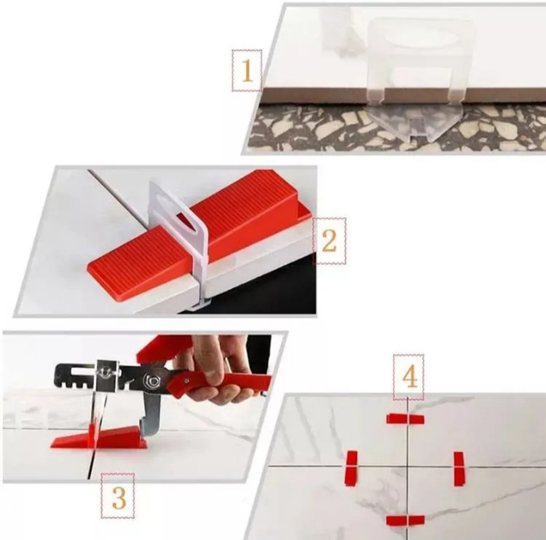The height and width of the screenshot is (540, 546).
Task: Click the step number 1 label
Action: pos(247,71)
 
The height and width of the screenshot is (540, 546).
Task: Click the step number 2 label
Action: pos(329,240)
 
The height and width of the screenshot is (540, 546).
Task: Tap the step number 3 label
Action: pos(119,496)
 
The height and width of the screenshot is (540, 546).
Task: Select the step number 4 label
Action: pos(409,377)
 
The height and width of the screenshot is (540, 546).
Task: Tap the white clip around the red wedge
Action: pos(178,240)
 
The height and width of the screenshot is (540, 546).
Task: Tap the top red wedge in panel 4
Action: pos(405,418)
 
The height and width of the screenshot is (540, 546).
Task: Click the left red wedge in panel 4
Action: pos(352,468)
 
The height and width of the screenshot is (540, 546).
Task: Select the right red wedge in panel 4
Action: pos(459,469)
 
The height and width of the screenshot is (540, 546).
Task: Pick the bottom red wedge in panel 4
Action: pos(405,520)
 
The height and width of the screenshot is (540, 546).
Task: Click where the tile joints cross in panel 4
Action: pos(407,466)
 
